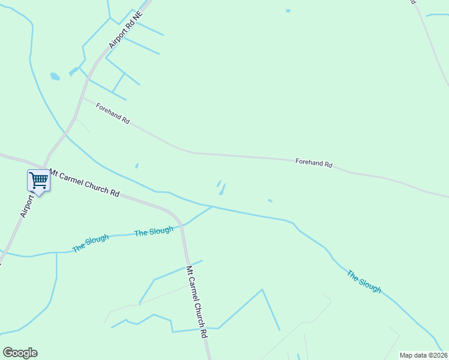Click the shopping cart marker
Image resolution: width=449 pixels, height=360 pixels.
coord(38,180)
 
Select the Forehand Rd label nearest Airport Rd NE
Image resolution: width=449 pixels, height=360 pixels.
coord(113,112)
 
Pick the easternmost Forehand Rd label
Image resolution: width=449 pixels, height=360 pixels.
coord(313,163)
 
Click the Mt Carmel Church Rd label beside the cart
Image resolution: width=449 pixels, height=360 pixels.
coord(84,183)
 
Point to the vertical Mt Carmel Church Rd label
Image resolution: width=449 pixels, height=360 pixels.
coord(196,302)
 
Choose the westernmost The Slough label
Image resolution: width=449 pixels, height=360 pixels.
coord(90,242)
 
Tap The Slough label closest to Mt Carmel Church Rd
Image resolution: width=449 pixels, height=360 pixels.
coord(154,231)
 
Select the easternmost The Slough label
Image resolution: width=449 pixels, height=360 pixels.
coord(364,281)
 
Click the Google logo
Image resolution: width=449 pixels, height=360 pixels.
coord(20,353)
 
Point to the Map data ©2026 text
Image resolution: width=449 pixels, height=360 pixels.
coord(423,355)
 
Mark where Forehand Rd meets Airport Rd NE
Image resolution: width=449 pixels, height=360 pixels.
coord(83,98)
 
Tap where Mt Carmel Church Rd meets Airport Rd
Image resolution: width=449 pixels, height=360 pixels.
coord(43,167)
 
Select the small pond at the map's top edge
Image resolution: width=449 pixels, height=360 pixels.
coord(288,11)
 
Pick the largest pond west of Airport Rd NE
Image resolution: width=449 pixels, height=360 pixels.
coord(55,76)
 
